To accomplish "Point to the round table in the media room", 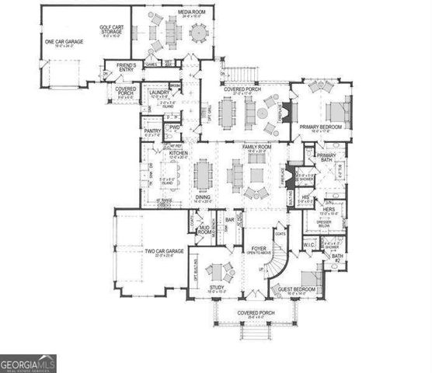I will pyautogui.click(x=198, y=34).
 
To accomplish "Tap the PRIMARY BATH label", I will pyautogui.click(x=326, y=158).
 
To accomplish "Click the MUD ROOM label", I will pyautogui.click(x=205, y=230).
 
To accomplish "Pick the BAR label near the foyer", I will pyautogui.click(x=229, y=220).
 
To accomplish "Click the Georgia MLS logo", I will pyautogui.click(x=28, y=363).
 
